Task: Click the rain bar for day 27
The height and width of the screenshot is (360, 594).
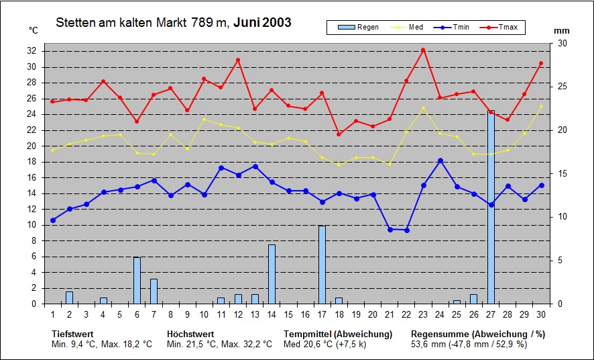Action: click(x=491, y=207)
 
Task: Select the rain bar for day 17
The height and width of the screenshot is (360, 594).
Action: click(x=322, y=265)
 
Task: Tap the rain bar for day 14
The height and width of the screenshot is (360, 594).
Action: click(x=272, y=274)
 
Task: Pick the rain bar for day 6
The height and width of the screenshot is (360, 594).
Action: click(x=137, y=280)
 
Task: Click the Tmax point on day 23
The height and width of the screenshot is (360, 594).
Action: click(x=423, y=50)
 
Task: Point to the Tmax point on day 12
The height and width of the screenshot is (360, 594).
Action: click(x=238, y=60)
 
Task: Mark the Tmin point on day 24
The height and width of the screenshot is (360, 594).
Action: click(x=440, y=161)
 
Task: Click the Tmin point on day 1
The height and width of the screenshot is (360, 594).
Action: click(x=53, y=220)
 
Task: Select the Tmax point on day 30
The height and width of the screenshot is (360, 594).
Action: click(x=541, y=63)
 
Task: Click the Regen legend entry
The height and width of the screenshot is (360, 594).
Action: click(x=359, y=28)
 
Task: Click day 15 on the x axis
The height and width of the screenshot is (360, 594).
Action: click(x=288, y=314)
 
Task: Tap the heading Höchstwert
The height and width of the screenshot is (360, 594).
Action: click(x=190, y=333)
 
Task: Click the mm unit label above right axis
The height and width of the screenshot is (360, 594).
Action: click(x=562, y=31)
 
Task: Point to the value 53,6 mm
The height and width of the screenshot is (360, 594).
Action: click(x=428, y=344)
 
